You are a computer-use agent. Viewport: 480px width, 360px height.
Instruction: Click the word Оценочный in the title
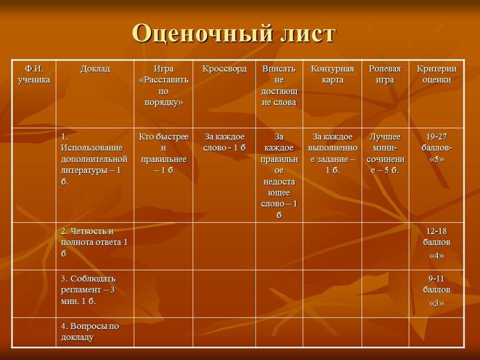click(x=202, y=33)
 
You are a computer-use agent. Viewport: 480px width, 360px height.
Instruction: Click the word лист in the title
click(x=308, y=33)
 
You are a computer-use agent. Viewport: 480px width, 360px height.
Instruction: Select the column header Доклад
click(x=95, y=68)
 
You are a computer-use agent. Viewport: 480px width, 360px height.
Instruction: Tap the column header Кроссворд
click(x=224, y=69)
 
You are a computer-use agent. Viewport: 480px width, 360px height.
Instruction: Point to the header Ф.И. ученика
click(x=34, y=74)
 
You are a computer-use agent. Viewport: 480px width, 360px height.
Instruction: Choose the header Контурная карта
click(x=332, y=74)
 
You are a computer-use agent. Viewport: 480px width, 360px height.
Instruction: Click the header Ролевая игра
click(x=385, y=74)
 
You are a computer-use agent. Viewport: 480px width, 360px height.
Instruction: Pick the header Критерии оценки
click(x=437, y=74)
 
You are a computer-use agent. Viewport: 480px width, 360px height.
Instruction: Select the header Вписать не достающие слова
click(x=279, y=85)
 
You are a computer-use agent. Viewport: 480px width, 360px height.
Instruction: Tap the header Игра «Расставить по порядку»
click(x=163, y=85)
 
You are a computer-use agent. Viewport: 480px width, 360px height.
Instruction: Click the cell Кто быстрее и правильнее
click(x=163, y=153)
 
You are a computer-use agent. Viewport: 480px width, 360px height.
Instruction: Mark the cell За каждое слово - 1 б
click(x=224, y=142)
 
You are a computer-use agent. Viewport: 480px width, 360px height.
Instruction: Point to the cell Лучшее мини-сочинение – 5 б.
click(x=385, y=153)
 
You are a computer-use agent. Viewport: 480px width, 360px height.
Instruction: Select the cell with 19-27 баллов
click(x=437, y=147)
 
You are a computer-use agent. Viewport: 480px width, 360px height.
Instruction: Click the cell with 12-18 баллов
click(x=437, y=243)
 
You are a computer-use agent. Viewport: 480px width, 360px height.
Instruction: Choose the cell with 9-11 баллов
click(x=437, y=290)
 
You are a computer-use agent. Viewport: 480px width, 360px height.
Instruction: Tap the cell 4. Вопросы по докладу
click(x=90, y=331)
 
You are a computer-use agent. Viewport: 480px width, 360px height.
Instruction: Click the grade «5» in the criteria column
click(x=437, y=159)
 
